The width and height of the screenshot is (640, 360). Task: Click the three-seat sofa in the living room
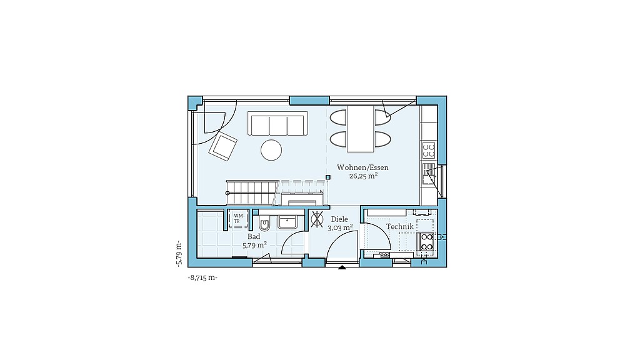click(x=277, y=123)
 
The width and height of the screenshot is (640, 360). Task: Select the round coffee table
click(x=271, y=150)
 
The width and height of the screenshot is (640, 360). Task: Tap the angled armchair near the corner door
click(x=223, y=146)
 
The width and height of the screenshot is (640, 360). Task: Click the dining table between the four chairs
click(x=361, y=129)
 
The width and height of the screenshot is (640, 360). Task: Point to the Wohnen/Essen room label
click(x=362, y=167)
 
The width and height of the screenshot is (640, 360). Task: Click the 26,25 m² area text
click(x=363, y=176)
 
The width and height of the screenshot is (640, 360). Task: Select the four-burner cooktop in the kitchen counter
click(x=429, y=150)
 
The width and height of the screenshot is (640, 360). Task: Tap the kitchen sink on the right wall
click(x=429, y=174)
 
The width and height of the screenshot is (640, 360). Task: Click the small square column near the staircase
click(x=327, y=177)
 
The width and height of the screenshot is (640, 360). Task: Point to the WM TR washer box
click(x=238, y=218)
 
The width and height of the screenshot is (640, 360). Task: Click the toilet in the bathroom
click(x=264, y=223)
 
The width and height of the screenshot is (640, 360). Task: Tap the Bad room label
click(x=254, y=237)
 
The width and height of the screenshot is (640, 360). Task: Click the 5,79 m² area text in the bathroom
click(x=255, y=245)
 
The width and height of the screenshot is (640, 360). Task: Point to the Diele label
click(x=339, y=219)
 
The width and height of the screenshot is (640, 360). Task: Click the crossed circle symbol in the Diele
click(x=317, y=219)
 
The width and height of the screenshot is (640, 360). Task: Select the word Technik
click(x=399, y=226)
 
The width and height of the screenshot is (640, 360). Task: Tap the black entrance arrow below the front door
click(x=342, y=267)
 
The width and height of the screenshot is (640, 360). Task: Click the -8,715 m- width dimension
click(x=202, y=277)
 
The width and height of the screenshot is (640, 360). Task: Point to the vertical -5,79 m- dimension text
click(x=178, y=254)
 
